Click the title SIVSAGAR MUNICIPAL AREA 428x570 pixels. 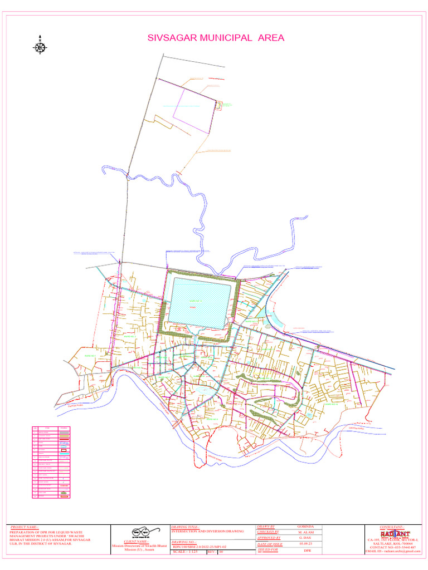tap(216, 38)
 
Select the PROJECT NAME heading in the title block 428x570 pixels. tap(25, 527)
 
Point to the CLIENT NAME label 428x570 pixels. tap(135, 541)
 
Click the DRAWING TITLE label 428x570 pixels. tap(184, 527)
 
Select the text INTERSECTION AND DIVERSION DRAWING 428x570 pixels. tap(208, 532)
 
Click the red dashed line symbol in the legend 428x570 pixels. tap(64, 486)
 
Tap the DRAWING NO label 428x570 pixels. tap(183, 541)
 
